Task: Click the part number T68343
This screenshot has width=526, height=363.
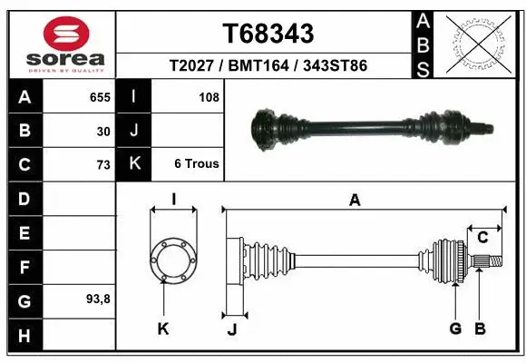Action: pyautogui.click(x=268, y=34)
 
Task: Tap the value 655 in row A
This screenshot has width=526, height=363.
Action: pyautogui.click(x=100, y=96)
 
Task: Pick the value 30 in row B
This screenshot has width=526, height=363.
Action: pyautogui.click(x=103, y=131)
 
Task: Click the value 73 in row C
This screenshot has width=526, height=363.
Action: pyautogui.click(x=102, y=165)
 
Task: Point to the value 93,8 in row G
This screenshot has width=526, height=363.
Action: pyautogui.click(x=99, y=299)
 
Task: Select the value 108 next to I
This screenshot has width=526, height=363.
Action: pyautogui.click(x=209, y=96)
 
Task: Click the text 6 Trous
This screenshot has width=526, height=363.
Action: pyautogui.click(x=197, y=164)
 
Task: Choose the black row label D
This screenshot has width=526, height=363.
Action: pyautogui.click(x=24, y=199)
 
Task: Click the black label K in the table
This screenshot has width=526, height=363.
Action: pyautogui.click(x=134, y=164)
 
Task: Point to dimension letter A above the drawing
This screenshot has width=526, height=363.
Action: pyautogui.click(x=355, y=201)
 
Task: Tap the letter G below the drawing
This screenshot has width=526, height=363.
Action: pyautogui.click(x=455, y=329)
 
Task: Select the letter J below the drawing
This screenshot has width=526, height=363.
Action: pyautogui.click(x=231, y=330)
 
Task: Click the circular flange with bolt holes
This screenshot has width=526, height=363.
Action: pyautogui.click(x=171, y=260)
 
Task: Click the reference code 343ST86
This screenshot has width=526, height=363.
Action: pyautogui.click(x=336, y=66)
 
